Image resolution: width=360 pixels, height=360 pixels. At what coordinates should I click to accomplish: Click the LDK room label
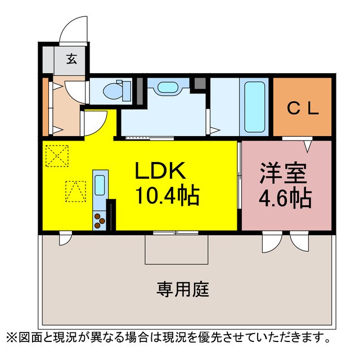click(158, 169)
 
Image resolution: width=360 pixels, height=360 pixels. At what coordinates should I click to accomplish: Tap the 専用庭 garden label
click(183, 290)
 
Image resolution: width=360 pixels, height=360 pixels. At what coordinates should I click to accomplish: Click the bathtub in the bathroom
click(256, 106)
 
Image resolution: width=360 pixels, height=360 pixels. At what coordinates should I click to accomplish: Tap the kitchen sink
click(100, 184)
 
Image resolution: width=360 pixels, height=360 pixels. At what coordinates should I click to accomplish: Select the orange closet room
click(303, 106)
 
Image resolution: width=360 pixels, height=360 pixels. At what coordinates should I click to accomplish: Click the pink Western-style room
click(286, 186)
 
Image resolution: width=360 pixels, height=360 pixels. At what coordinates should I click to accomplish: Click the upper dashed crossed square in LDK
click(57, 155)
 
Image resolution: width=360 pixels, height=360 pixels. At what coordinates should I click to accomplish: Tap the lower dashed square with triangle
click(75, 191)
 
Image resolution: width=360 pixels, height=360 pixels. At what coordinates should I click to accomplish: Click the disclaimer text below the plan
click(168, 337)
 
